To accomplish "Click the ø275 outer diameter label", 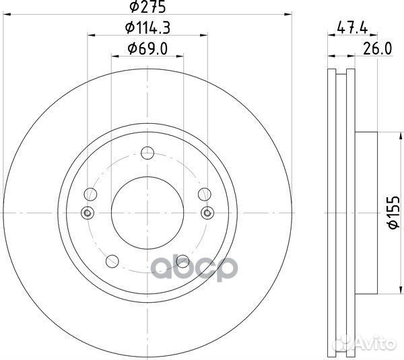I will click(147, 7).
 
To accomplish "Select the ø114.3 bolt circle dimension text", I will click(147, 28).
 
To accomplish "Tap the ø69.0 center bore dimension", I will click(147, 48).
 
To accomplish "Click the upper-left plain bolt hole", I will click(90, 195).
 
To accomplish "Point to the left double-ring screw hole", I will click(86, 213).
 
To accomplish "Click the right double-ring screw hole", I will click(207, 213).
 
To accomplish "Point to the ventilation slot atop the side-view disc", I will click(340, 72).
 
